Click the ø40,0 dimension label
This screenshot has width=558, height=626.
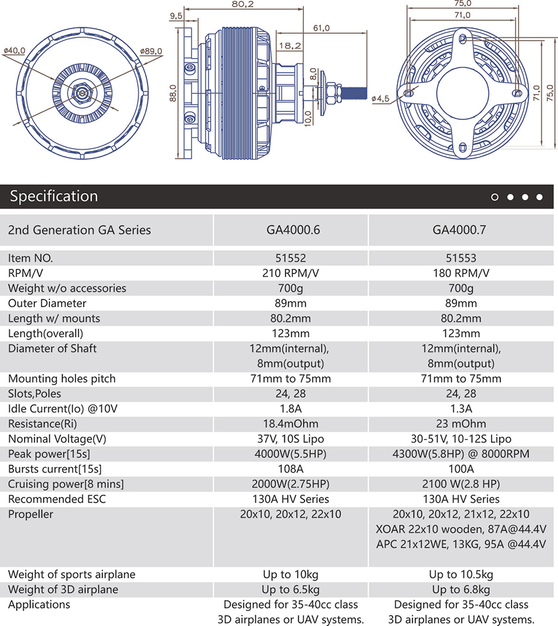(15, 51)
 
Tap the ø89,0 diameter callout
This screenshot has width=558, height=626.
(151, 51)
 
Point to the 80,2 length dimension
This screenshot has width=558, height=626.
(242, 4)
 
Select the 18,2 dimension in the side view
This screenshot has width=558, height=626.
(290, 45)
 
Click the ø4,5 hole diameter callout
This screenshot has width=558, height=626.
(380, 98)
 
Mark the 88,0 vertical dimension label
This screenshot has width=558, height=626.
(173, 93)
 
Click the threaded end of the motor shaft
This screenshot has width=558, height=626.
(354, 93)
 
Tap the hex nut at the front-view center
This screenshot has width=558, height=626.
(83, 93)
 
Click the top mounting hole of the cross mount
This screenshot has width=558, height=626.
(463, 39)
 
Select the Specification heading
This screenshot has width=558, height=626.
(54, 196)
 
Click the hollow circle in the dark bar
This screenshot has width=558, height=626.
(495, 197)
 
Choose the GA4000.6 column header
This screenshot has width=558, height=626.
(293, 230)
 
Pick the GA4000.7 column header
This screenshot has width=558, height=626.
(459, 230)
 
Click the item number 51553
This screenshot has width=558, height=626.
(461, 258)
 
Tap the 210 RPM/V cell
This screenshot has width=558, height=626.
(291, 273)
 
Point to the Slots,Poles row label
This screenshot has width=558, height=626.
(34, 394)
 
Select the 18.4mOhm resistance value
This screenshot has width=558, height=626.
(291, 423)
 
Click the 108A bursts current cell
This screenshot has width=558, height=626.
(291, 469)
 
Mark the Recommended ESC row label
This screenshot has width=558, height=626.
(57, 499)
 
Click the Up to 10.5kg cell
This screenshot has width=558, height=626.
(461, 574)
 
